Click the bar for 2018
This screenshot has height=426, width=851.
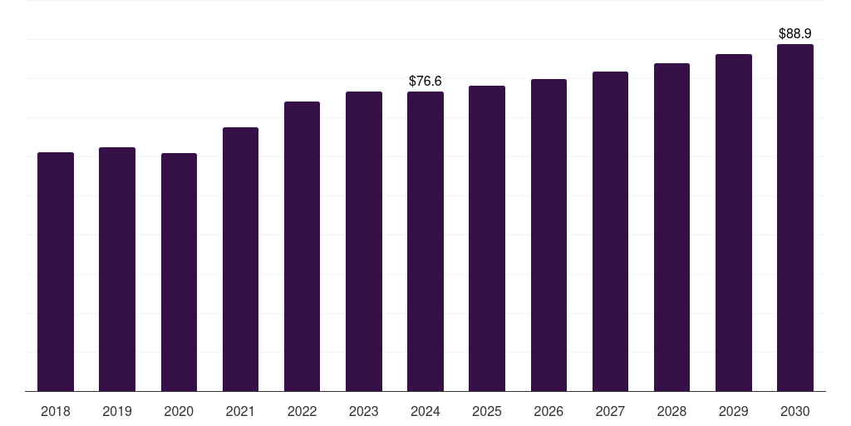[56, 271]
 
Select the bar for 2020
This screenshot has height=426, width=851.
[179, 272]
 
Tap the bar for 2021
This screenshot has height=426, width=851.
[240, 259]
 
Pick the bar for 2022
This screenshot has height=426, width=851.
[302, 246]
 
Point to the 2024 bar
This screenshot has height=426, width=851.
[425, 241]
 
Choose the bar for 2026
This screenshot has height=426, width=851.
[548, 235]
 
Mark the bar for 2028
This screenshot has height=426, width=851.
[671, 227]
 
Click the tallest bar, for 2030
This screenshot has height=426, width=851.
[795, 217]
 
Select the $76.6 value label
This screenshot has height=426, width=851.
[425, 81]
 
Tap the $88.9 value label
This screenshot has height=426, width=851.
[795, 33]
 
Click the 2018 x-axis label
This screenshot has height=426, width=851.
[56, 411]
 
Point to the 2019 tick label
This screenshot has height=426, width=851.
[117, 411]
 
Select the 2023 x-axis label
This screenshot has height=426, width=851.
[363, 411]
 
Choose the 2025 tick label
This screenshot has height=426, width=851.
[487, 411]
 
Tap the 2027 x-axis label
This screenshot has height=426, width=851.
[610, 411]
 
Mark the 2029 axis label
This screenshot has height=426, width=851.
[733, 411]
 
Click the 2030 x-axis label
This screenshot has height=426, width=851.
[795, 411]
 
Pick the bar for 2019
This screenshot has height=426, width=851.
[117, 269]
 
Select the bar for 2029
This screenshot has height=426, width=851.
[733, 222]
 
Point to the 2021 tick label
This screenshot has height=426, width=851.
[240, 411]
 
